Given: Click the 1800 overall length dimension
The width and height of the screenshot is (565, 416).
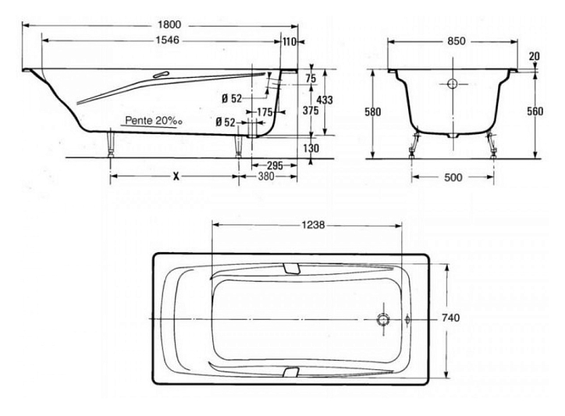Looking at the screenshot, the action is pos(169,25).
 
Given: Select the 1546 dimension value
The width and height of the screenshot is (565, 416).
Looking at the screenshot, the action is pos(167,40).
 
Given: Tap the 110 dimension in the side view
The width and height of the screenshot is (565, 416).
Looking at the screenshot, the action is pos(290,42).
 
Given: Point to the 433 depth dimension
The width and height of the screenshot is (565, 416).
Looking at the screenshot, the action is pos(325,100).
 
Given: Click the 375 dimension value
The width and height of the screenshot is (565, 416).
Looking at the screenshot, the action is pos(310,110).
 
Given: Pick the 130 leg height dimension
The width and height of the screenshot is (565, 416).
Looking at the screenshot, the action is pos(311,148).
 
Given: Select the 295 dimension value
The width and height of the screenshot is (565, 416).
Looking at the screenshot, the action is pos(275,166).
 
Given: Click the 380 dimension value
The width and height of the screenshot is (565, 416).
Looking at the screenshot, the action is pos(266,177).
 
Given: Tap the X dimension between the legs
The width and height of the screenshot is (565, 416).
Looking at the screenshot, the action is pos(176,177).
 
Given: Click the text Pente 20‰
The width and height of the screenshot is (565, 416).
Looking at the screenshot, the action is pos(153,121).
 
